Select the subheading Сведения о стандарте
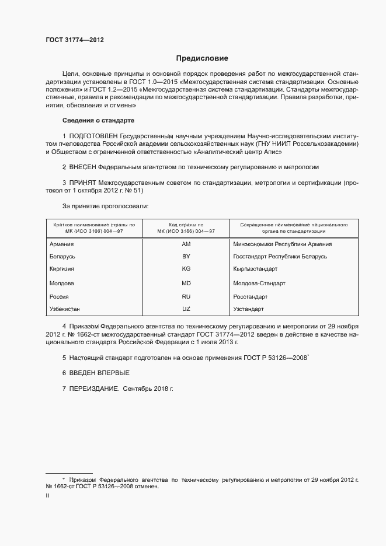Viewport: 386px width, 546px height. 98,120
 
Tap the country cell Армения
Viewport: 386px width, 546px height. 62,244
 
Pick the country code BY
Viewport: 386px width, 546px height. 186,257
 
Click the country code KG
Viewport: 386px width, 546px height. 186,269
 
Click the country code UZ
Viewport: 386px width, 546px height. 186,308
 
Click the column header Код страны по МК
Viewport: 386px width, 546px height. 186,228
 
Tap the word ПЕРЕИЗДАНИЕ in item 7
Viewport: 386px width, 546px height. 93,388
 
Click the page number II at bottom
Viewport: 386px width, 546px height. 47,495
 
